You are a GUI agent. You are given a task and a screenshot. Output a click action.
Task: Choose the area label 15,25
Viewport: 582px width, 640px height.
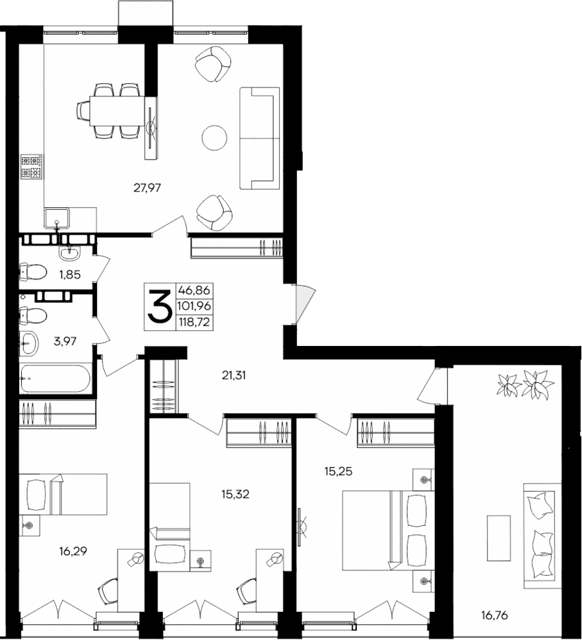(339, 471)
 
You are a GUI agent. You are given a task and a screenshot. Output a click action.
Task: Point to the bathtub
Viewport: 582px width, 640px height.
(55, 378)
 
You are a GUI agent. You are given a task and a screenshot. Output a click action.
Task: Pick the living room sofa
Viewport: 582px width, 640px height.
(259, 138)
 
